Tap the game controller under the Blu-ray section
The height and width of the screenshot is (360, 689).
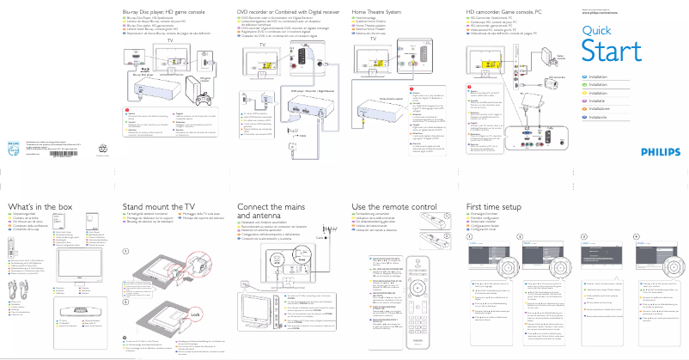209,82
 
